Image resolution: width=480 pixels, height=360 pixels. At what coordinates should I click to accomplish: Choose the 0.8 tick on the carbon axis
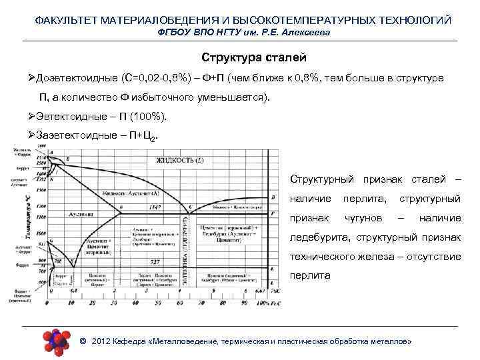(x=73, y=291)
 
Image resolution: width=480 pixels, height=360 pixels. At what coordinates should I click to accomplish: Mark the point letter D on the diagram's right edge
(x=273, y=197)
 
